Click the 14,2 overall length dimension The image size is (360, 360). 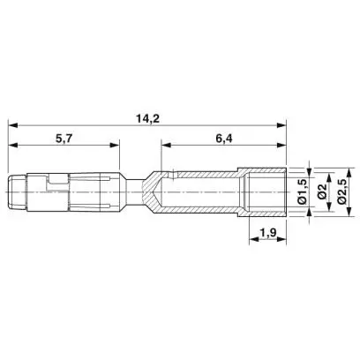(x=147, y=119)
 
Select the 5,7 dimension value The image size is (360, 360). (x=64, y=139)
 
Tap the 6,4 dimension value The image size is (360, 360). (x=224, y=139)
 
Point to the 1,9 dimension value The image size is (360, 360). (x=267, y=233)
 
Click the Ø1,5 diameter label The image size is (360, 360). (x=303, y=191)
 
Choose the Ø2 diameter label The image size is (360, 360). (x=322, y=191)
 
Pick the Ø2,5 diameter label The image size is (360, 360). (x=341, y=191)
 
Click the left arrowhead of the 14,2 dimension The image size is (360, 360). (x=13, y=125)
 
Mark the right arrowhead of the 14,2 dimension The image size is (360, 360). (x=281, y=125)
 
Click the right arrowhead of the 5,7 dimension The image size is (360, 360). (x=115, y=145)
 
